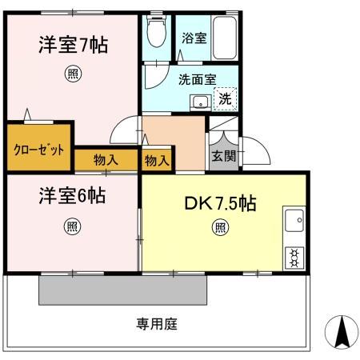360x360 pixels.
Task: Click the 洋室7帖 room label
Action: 73,44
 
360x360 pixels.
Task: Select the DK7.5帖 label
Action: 222,203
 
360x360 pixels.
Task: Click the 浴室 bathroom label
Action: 193,38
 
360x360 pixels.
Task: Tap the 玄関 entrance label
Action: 223,157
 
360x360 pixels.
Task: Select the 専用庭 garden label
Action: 155,324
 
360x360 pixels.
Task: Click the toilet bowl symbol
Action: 155,34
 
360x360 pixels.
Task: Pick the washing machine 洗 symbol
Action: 226,100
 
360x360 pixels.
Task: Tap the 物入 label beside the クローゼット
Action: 106,160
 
